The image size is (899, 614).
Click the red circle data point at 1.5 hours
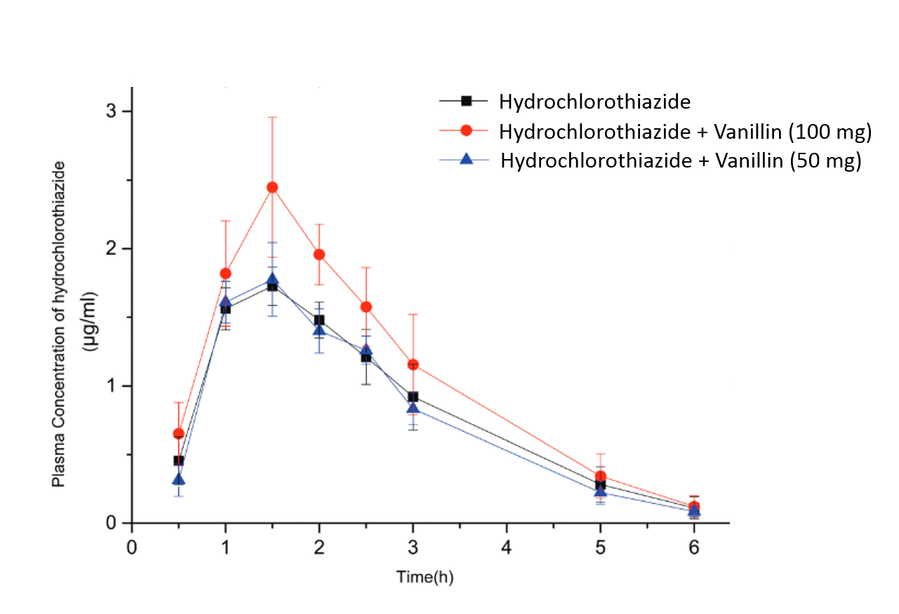tap(272, 187)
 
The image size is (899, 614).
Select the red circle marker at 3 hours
tap(413, 364)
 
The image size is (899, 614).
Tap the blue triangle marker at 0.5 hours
tap(179, 479)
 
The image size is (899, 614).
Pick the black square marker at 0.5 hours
tap(179, 460)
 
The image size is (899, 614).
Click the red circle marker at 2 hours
tap(319, 254)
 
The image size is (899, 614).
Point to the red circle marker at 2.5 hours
tap(366, 307)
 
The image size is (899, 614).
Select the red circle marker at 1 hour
tap(225, 273)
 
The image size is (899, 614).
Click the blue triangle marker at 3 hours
tap(413, 408)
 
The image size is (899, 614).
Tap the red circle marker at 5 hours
tap(601, 477)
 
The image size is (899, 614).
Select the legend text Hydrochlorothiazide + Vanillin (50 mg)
tap(681, 161)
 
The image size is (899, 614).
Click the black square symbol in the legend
tap(465, 101)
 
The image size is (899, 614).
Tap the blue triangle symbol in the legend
tap(465, 160)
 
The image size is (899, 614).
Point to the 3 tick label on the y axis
tap(119, 111)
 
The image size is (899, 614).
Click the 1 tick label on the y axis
tap(119, 386)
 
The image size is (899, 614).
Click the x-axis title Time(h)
tap(425, 578)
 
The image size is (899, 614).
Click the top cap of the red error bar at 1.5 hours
tap(272, 117)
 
